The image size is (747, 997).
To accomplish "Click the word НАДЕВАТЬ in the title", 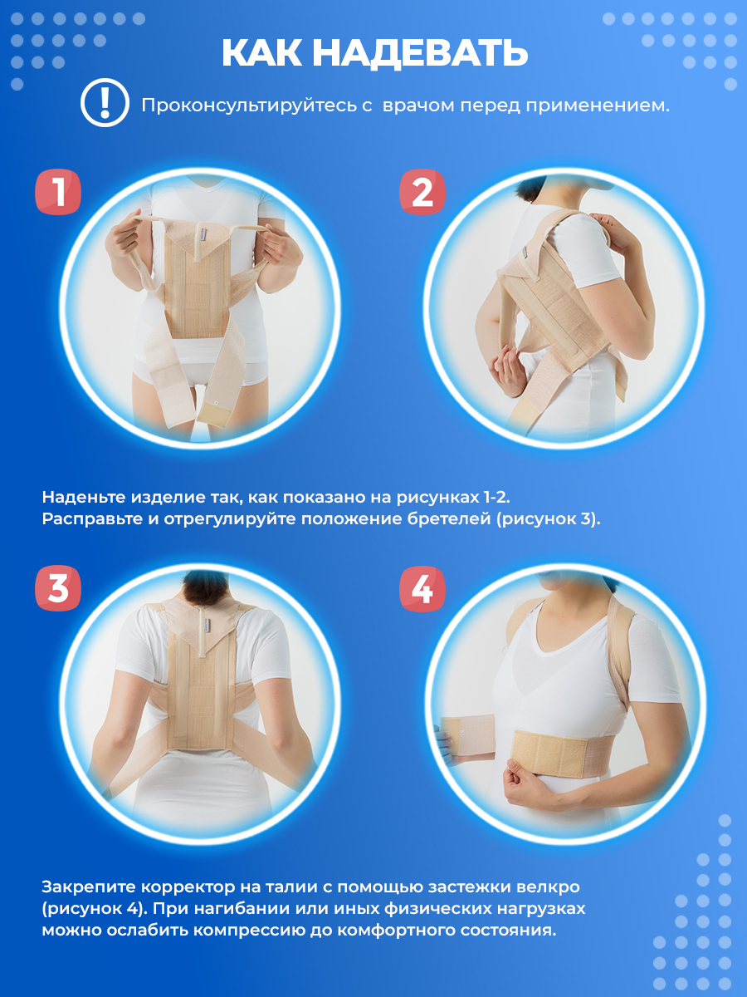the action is click(420, 54).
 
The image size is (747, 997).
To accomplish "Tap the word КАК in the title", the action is click(261, 54).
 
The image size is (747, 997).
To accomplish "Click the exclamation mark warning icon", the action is click(105, 103).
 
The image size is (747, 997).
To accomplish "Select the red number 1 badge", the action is click(58, 192).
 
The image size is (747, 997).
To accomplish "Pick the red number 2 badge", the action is click(422, 192).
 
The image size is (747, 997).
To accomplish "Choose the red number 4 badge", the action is click(422, 589).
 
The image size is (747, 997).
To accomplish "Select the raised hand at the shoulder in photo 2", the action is click(616, 232).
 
